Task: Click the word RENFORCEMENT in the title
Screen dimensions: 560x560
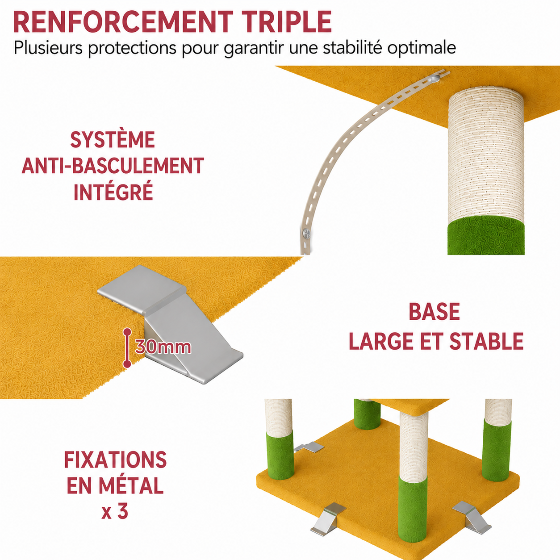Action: tap(123, 22)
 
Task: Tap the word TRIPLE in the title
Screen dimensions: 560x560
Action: tap(287, 22)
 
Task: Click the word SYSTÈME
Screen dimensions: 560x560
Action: tap(113, 140)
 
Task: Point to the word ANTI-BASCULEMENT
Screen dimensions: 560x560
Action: tap(113, 166)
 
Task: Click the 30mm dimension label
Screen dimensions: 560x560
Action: tap(163, 347)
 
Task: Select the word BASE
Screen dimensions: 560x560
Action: tap(434, 312)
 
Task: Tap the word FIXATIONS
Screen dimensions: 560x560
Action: tap(115, 460)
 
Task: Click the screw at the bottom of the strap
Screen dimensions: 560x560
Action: tap(307, 233)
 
